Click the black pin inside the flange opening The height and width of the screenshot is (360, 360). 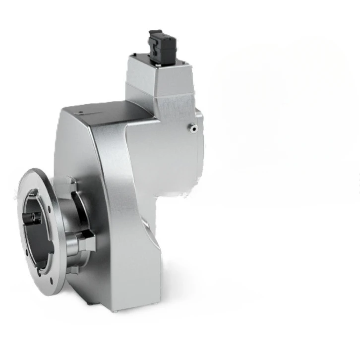[34, 217]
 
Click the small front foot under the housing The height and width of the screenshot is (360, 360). [115, 311]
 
